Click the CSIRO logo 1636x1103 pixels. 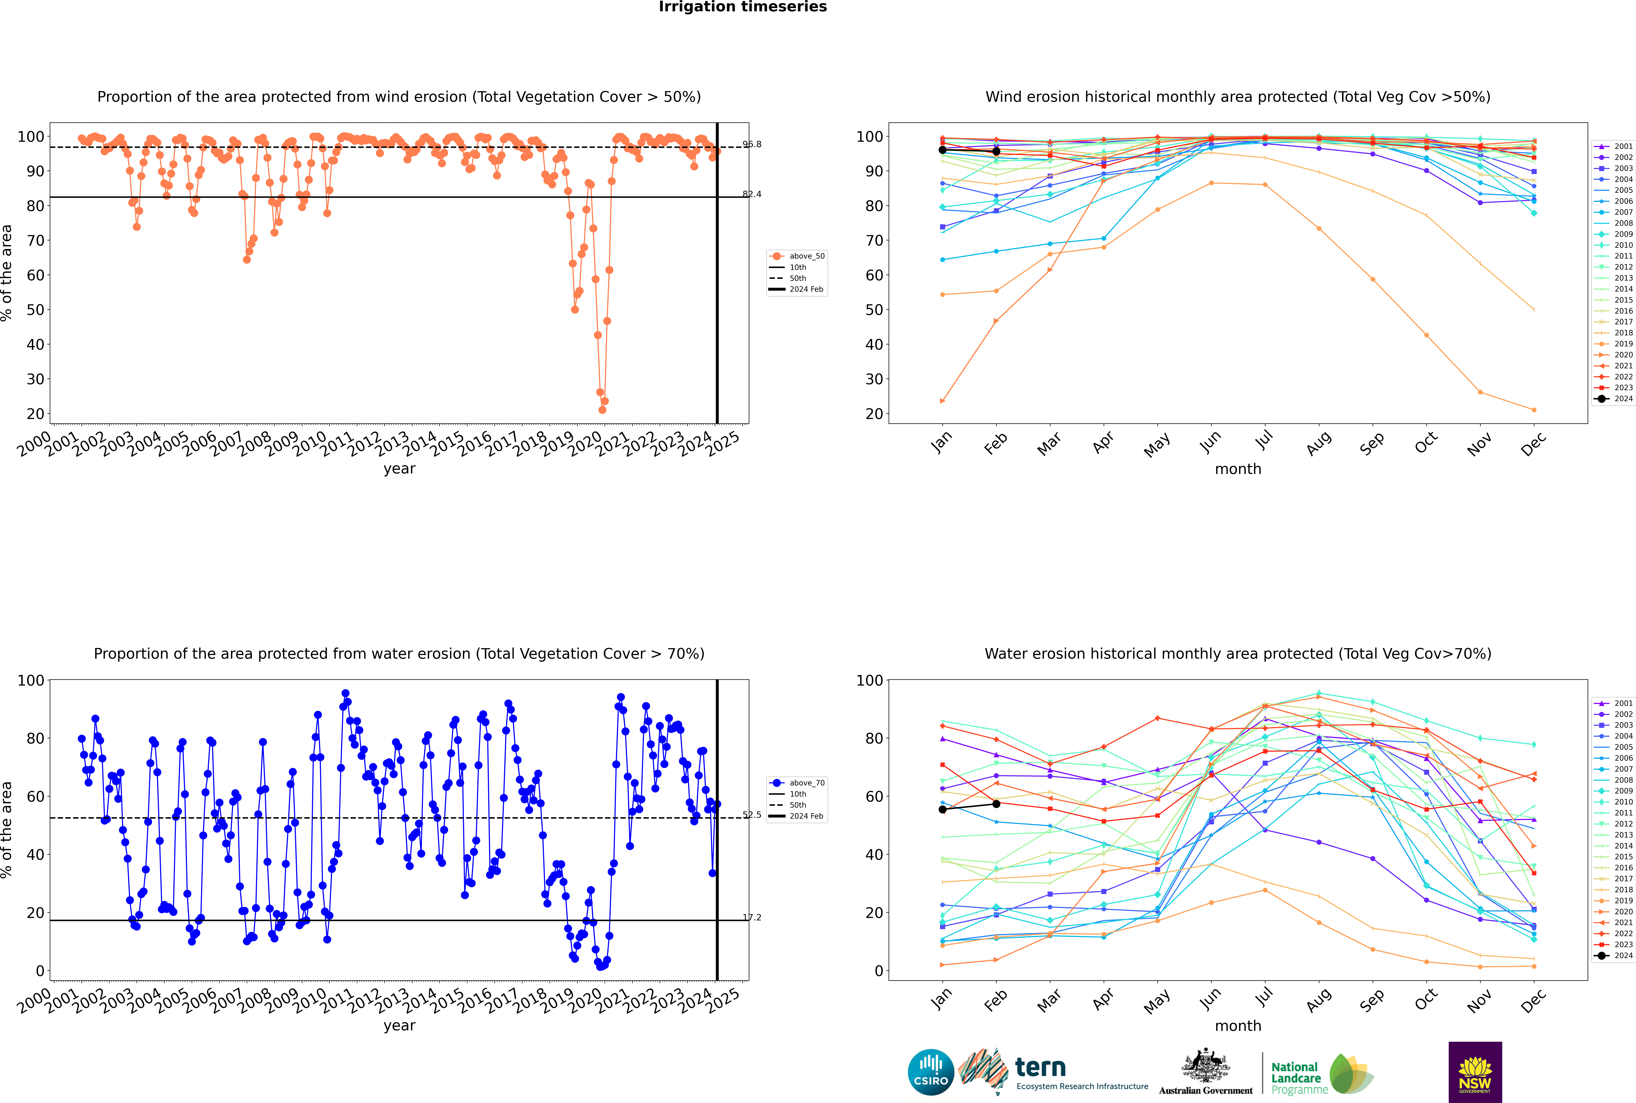[x=930, y=1072]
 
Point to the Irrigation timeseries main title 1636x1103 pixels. [x=743, y=7]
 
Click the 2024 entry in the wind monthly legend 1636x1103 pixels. [x=1623, y=399]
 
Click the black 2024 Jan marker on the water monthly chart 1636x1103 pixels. [x=943, y=810]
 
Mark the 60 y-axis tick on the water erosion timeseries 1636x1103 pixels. [x=35, y=796]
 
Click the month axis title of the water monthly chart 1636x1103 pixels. [x=1238, y=1026]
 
